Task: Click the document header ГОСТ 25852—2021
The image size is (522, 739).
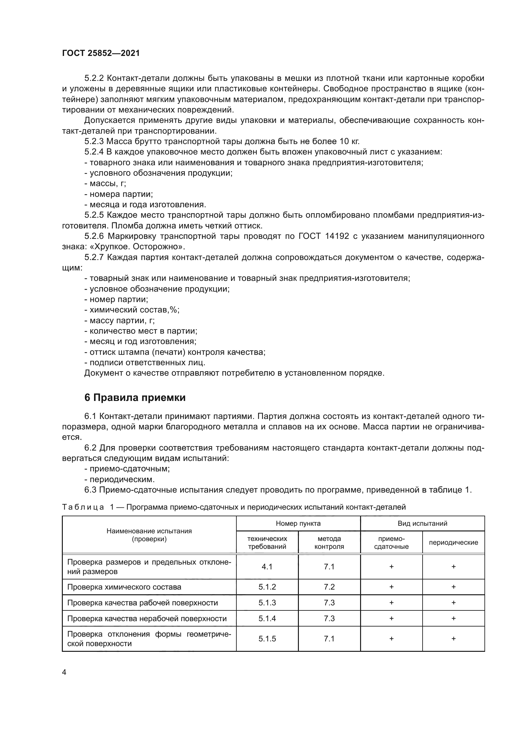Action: point(101,53)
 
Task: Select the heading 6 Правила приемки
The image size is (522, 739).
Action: point(135,398)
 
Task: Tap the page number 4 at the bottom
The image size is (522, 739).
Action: point(64,672)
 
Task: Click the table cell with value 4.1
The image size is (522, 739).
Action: point(267,567)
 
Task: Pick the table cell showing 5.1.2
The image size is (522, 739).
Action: point(267,587)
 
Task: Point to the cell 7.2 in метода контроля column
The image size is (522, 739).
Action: point(329,587)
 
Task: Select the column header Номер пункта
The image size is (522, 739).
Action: point(298,523)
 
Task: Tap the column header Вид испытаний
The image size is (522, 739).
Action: point(422,523)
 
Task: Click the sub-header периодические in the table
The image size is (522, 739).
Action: point(453,543)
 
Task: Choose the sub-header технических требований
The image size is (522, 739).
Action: point(267,543)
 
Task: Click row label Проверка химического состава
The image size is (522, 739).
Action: point(124,587)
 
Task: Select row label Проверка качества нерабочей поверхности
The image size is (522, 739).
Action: point(146,618)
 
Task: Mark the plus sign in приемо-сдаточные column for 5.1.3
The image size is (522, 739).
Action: point(391,603)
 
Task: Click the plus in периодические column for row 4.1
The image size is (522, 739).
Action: point(453,567)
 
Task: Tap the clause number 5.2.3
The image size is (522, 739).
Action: point(94,141)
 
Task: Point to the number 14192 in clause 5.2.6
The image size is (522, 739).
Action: point(336,236)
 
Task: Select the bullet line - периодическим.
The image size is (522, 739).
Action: point(119,479)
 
